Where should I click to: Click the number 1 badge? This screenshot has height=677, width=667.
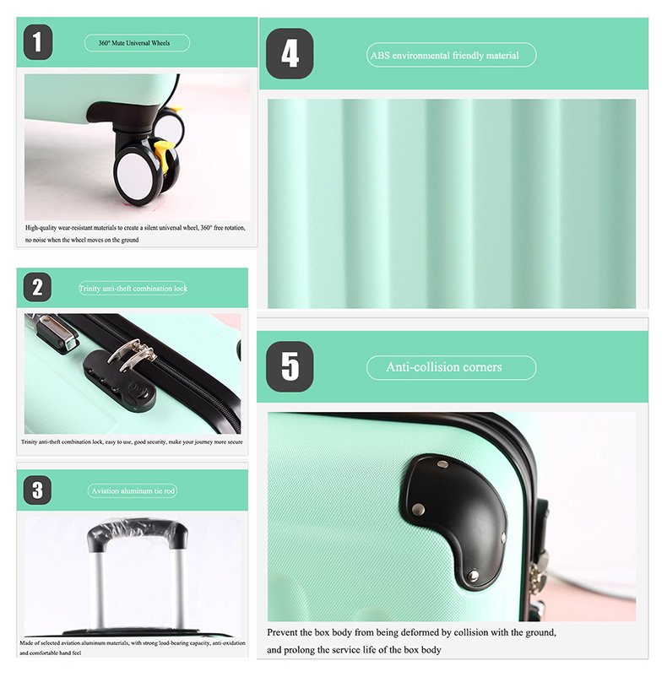[38, 42]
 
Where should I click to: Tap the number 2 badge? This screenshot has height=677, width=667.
[37, 287]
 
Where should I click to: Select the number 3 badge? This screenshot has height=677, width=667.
[37, 490]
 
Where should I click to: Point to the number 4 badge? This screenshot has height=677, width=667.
[290, 54]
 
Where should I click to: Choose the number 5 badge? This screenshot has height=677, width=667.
[290, 366]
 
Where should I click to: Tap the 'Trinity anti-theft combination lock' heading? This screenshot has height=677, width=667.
[133, 289]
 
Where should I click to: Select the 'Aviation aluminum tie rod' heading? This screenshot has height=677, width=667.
[133, 491]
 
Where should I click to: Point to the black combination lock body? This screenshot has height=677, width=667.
[120, 381]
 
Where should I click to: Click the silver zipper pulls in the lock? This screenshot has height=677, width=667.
[131, 355]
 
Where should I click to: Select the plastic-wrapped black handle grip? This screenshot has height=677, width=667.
[138, 534]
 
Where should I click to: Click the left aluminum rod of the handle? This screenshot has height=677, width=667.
[99, 589]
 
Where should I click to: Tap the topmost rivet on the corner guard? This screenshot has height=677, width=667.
[442, 464]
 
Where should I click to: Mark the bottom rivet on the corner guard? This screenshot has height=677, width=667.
[474, 576]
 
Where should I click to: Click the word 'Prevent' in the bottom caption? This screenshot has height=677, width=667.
[282, 632]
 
